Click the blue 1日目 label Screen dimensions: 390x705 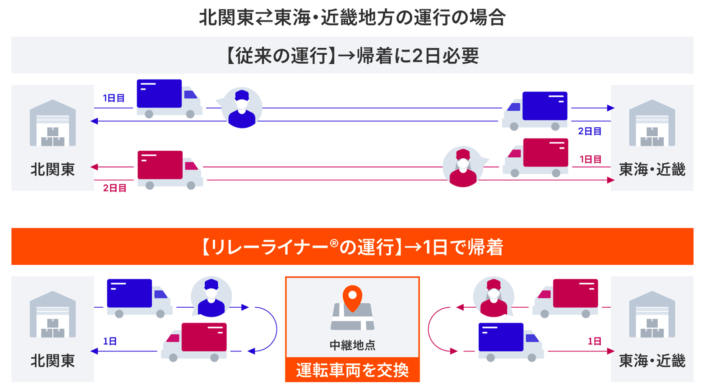(114, 98)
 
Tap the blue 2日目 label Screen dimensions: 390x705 (590, 131)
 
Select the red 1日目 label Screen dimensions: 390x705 (590, 160)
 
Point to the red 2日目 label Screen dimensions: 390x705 (115, 188)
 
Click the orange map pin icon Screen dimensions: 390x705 (352, 298)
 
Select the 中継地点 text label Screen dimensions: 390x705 (352, 345)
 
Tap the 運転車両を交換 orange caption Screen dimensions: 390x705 (352, 370)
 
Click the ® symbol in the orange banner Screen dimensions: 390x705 (334, 243)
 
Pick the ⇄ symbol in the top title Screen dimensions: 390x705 (264, 18)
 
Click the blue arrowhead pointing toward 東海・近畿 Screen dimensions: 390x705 (611, 108)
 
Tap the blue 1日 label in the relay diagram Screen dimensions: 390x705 (110, 341)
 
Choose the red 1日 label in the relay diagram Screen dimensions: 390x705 (594, 341)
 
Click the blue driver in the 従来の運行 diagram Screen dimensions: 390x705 (242, 108)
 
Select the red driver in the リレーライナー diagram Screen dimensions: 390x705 (493, 298)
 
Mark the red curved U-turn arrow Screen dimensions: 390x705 (434, 329)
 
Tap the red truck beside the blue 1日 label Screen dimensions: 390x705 (194, 341)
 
